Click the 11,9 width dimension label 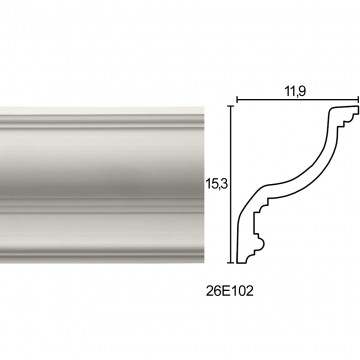pos(295,91)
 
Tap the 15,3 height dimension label pos(216,184)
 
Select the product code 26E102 pos(230,291)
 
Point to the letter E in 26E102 pos(228,291)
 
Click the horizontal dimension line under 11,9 pos(298,99)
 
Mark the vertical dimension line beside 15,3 pos(231,184)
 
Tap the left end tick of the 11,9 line pos(237,99)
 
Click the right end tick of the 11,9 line pos(358,99)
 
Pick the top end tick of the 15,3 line pos(231,105)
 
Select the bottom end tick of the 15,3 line pos(231,263)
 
